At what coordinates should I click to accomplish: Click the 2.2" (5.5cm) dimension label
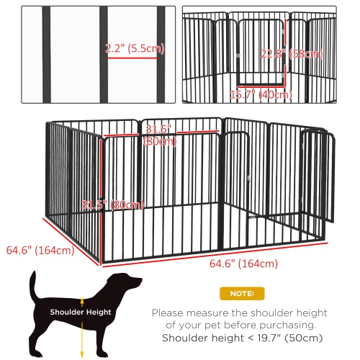[x=135, y=49]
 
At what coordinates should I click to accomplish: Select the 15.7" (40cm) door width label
[x=261, y=94]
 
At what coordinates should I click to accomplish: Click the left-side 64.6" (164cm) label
[x=40, y=251]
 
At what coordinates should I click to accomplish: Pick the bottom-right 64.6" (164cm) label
[x=241, y=264]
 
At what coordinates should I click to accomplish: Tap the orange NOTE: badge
[x=240, y=294]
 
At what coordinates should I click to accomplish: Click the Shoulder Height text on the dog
[x=80, y=312]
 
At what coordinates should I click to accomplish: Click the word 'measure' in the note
[x=206, y=313]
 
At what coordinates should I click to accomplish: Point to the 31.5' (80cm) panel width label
[x=161, y=134]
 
